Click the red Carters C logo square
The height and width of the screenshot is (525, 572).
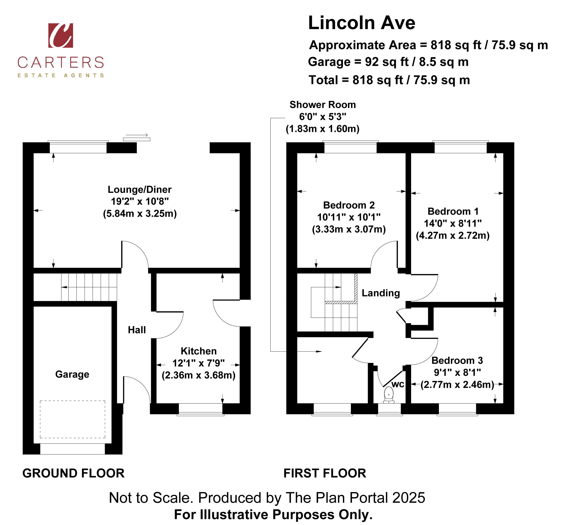61,36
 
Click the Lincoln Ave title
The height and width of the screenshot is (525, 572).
362,23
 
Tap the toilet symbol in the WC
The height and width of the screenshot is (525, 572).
389,396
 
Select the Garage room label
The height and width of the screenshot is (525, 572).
72,374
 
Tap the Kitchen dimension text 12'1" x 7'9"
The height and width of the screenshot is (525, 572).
199,363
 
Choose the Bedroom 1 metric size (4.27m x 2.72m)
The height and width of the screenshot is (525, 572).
453,236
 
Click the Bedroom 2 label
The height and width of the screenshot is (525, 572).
349,205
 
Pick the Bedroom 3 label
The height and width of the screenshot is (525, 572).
457,361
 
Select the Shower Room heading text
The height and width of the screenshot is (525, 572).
323,105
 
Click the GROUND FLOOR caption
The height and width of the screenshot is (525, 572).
74,473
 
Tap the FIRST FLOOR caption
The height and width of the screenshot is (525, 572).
325,473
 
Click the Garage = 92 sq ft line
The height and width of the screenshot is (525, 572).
388,62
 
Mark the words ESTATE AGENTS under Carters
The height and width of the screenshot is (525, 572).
61,75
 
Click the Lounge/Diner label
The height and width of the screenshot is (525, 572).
139,190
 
